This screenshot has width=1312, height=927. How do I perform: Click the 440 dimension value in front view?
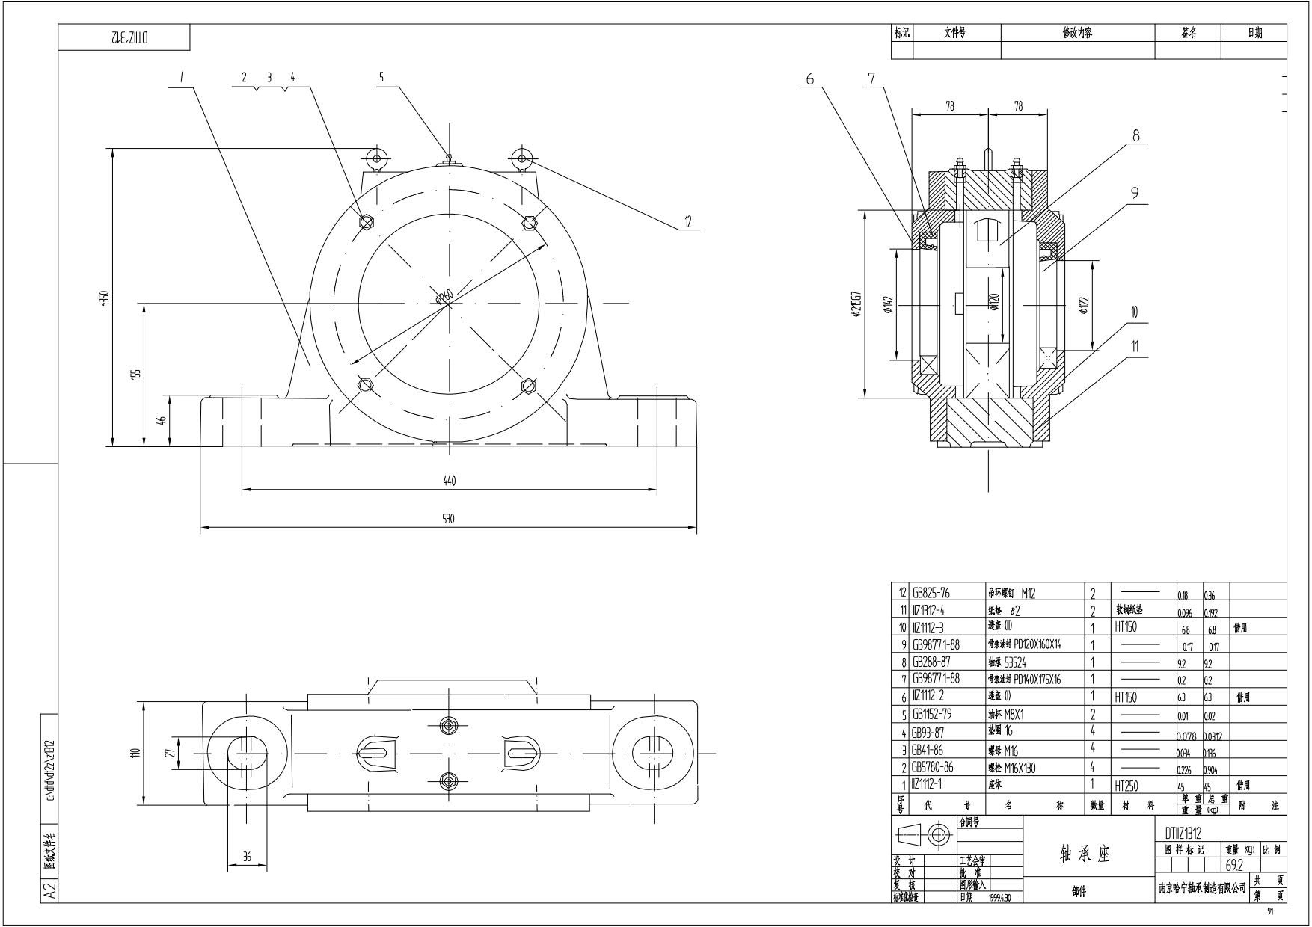[449, 481]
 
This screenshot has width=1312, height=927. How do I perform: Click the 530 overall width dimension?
[448, 519]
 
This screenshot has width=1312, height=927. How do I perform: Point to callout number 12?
[687, 222]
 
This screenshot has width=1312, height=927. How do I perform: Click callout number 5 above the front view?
[381, 77]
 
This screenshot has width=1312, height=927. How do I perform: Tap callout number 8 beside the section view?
[1135, 135]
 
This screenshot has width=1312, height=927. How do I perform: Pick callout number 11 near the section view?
[1135, 346]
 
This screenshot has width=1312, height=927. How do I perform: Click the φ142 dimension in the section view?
[889, 305]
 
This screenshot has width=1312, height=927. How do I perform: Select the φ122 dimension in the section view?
[1085, 305]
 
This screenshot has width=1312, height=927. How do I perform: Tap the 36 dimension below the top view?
[247, 857]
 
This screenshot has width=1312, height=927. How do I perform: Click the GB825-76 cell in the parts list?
[933, 594]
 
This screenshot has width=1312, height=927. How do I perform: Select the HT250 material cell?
[1126, 786]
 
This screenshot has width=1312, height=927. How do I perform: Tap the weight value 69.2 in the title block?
[1234, 866]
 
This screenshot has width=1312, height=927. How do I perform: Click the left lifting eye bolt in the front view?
[375, 158]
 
